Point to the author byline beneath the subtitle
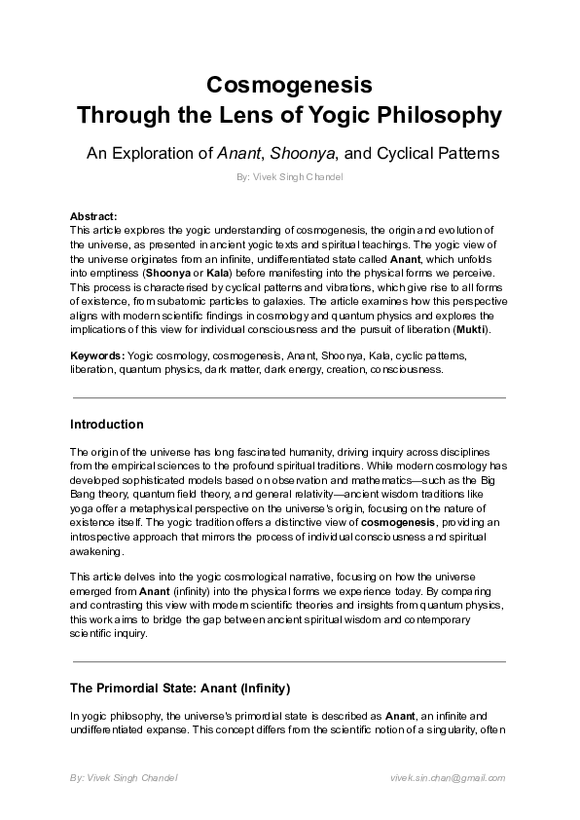tap(289, 179)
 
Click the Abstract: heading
tap(93, 216)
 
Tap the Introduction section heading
tap(107, 425)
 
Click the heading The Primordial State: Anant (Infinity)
tap(180, 689)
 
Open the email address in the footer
tap(447, 779)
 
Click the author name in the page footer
tap(124, 779)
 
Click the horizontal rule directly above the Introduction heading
tap(289, 397)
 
